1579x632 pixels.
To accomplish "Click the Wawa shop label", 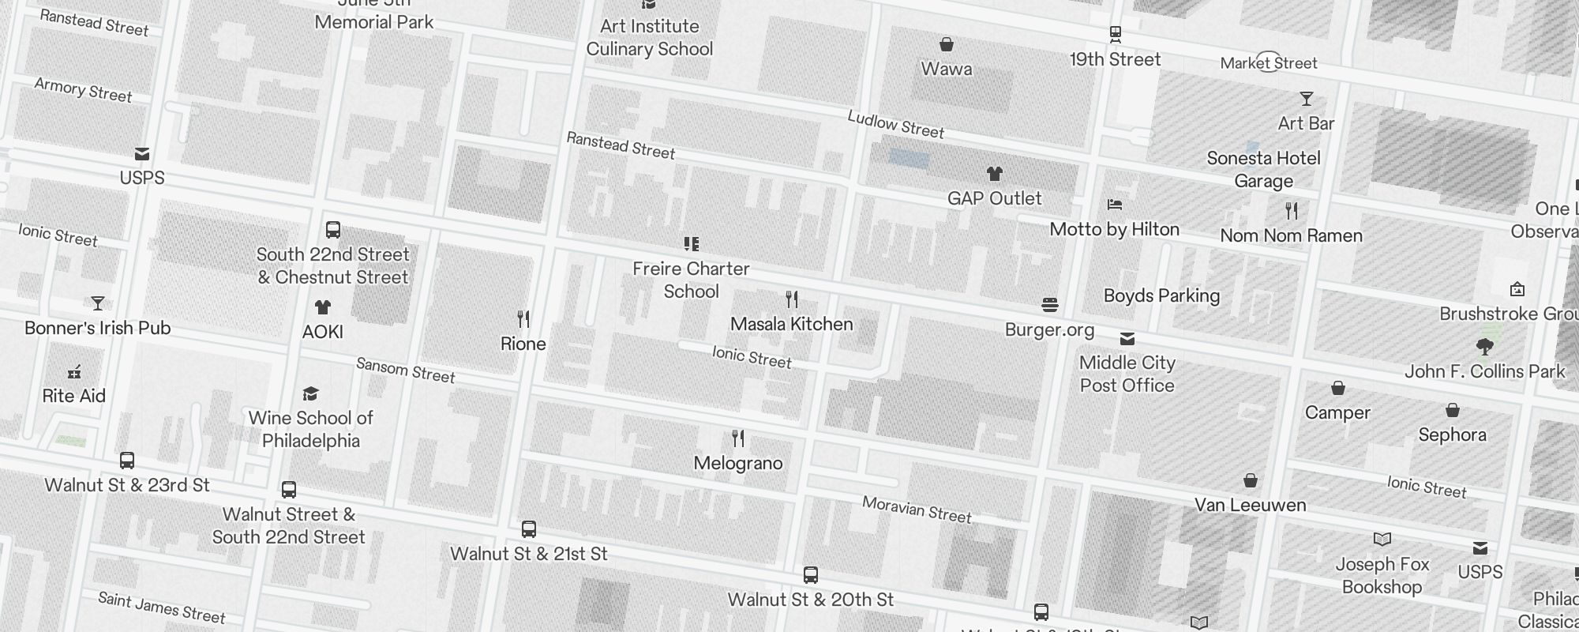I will tap(946, 69).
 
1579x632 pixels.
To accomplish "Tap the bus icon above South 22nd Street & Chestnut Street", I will tap(333, 230).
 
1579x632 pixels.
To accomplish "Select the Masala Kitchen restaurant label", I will tap(791, 324).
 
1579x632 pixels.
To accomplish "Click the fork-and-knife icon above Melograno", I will tap(738, 438).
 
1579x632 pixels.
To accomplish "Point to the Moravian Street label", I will tap(916, 510).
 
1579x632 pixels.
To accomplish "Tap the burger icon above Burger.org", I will tap(1049, 305).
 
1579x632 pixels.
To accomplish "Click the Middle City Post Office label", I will tap(1127, 374).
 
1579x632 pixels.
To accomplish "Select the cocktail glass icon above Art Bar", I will tap(1306, 99).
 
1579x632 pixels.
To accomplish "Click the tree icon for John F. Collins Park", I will tap(1484, 346).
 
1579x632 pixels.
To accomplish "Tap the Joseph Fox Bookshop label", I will tap(1382, 575).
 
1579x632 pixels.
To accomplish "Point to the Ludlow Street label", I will tap(895, 124).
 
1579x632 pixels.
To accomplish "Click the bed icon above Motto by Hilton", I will tap(1114, 205).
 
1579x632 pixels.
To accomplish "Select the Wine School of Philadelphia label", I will tap(310, 429).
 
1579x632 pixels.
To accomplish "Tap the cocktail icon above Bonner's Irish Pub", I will tap(98, 303).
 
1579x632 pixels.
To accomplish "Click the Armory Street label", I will tap(83, 90).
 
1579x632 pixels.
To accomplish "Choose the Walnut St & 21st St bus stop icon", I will tap(529, 529).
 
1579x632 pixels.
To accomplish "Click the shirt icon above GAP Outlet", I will tap(994, 174).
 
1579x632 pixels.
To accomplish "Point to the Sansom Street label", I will tap(405, 370).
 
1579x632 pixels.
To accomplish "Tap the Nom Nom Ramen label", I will tap(1291, 235).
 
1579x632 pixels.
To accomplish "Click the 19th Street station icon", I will tap(1115, 34).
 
